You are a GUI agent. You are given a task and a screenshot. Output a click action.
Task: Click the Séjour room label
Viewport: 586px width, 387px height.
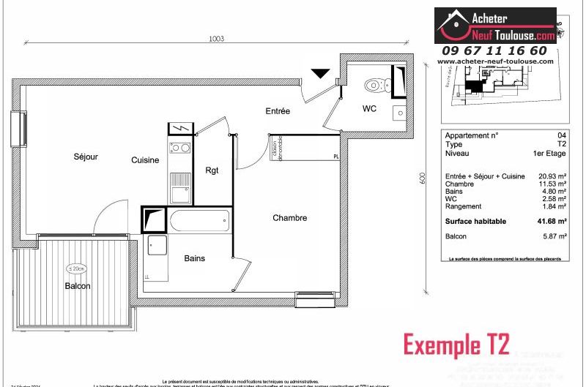(x=85, y=157)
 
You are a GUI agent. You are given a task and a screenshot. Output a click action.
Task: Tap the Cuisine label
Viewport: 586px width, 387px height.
(x=145, y=160)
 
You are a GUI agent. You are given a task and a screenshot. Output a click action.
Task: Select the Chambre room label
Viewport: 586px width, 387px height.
(x=289, y=218)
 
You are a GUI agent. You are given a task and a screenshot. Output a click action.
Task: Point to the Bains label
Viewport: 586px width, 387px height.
(x=194, y=258)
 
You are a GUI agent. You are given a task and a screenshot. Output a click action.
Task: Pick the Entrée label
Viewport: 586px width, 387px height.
(x=278, y=111)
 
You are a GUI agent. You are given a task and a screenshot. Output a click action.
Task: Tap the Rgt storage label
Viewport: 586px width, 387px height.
(x=212, y=171)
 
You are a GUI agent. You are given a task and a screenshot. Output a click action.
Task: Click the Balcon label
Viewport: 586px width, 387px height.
(x=77, y=286)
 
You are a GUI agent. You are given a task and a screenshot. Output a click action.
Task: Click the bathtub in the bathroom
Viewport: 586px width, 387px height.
(x=200, y=219)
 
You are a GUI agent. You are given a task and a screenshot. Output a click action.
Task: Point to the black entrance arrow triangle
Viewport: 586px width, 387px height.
(x=320, y=73)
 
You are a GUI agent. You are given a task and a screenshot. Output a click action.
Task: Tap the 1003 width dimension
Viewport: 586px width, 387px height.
(x=215, y=39)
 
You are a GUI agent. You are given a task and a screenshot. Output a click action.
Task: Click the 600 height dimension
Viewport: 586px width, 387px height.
(x=423, y=179)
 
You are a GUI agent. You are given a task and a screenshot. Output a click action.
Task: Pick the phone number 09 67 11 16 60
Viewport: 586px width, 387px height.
(x=494, y=50)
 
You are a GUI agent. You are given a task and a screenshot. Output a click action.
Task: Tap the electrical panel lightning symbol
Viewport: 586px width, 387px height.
(x=180, y=129)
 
